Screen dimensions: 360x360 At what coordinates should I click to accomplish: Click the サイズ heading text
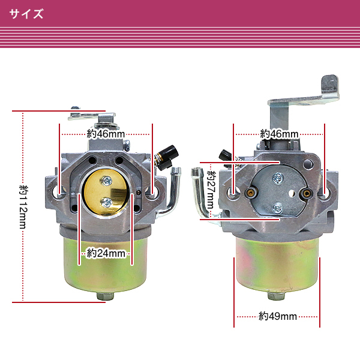coord(26,14)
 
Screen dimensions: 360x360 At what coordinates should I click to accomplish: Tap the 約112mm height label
coord(23,207)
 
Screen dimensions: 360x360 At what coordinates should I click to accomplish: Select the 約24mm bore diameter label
coord(106,253)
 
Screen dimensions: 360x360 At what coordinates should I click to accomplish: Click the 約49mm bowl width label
coord(278,316)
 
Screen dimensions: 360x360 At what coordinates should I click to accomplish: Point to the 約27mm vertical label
coord(211,190)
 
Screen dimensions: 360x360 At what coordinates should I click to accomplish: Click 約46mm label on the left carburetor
coord(106,134)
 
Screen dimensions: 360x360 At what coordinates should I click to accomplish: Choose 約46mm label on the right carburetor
coord(279,134)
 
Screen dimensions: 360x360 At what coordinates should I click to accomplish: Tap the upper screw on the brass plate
coord(106,181)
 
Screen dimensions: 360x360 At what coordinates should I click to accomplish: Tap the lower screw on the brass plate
coord(107,203)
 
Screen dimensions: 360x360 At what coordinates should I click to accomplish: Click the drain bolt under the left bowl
coord(106,296)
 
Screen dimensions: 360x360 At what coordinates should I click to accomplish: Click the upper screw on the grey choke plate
coord(278,178)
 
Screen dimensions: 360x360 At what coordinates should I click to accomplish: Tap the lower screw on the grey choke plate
coord(278,208)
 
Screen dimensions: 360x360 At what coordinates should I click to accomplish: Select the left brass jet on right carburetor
coord(251,193)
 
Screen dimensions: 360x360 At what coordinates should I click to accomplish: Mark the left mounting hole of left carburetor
coord(58,191)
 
